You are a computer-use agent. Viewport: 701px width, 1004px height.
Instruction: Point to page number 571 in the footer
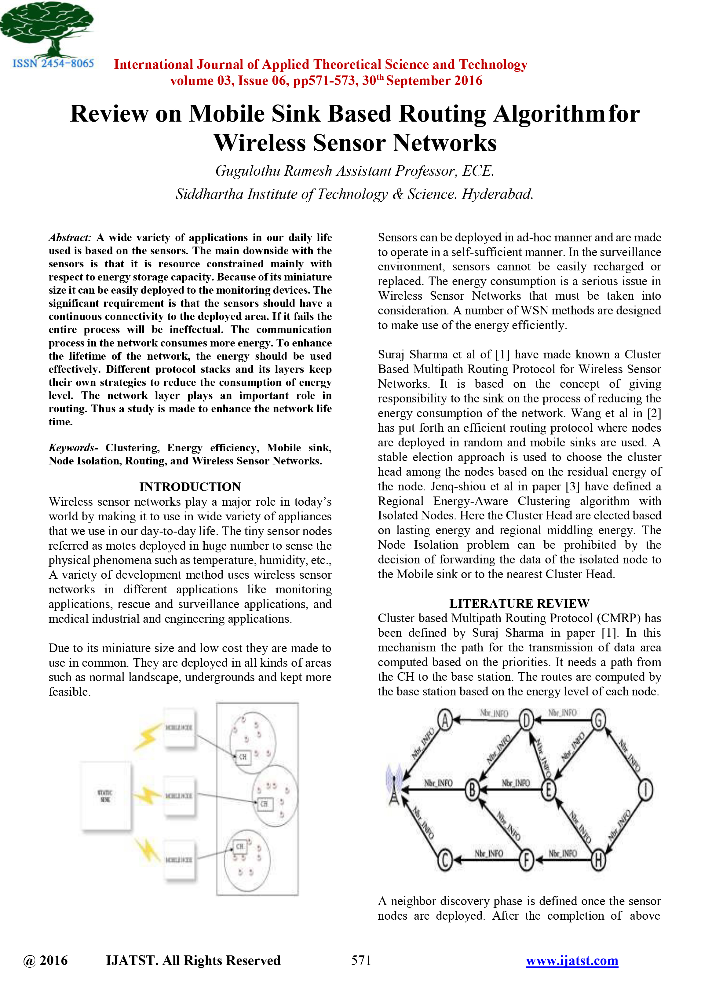click(x=361, y=960)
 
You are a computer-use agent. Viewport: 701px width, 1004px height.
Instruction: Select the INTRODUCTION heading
click(x=190, y=487)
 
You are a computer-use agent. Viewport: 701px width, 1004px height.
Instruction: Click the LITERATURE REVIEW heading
click(x=519, y=603)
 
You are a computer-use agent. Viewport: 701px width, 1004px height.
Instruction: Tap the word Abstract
click(x=69, y=237)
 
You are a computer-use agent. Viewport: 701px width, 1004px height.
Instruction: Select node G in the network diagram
click(x=598, y=719)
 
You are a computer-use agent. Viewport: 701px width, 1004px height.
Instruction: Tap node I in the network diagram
click(x=645, y=790)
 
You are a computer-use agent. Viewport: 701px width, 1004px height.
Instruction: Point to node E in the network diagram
click(x=548, y=790)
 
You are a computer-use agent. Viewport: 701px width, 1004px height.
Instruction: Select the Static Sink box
click(x=106, y=796)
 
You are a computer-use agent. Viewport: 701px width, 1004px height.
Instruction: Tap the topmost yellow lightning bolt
click(x=147, y=736)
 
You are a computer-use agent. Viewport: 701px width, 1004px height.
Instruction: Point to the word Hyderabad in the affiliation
click(x=497, y=194)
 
